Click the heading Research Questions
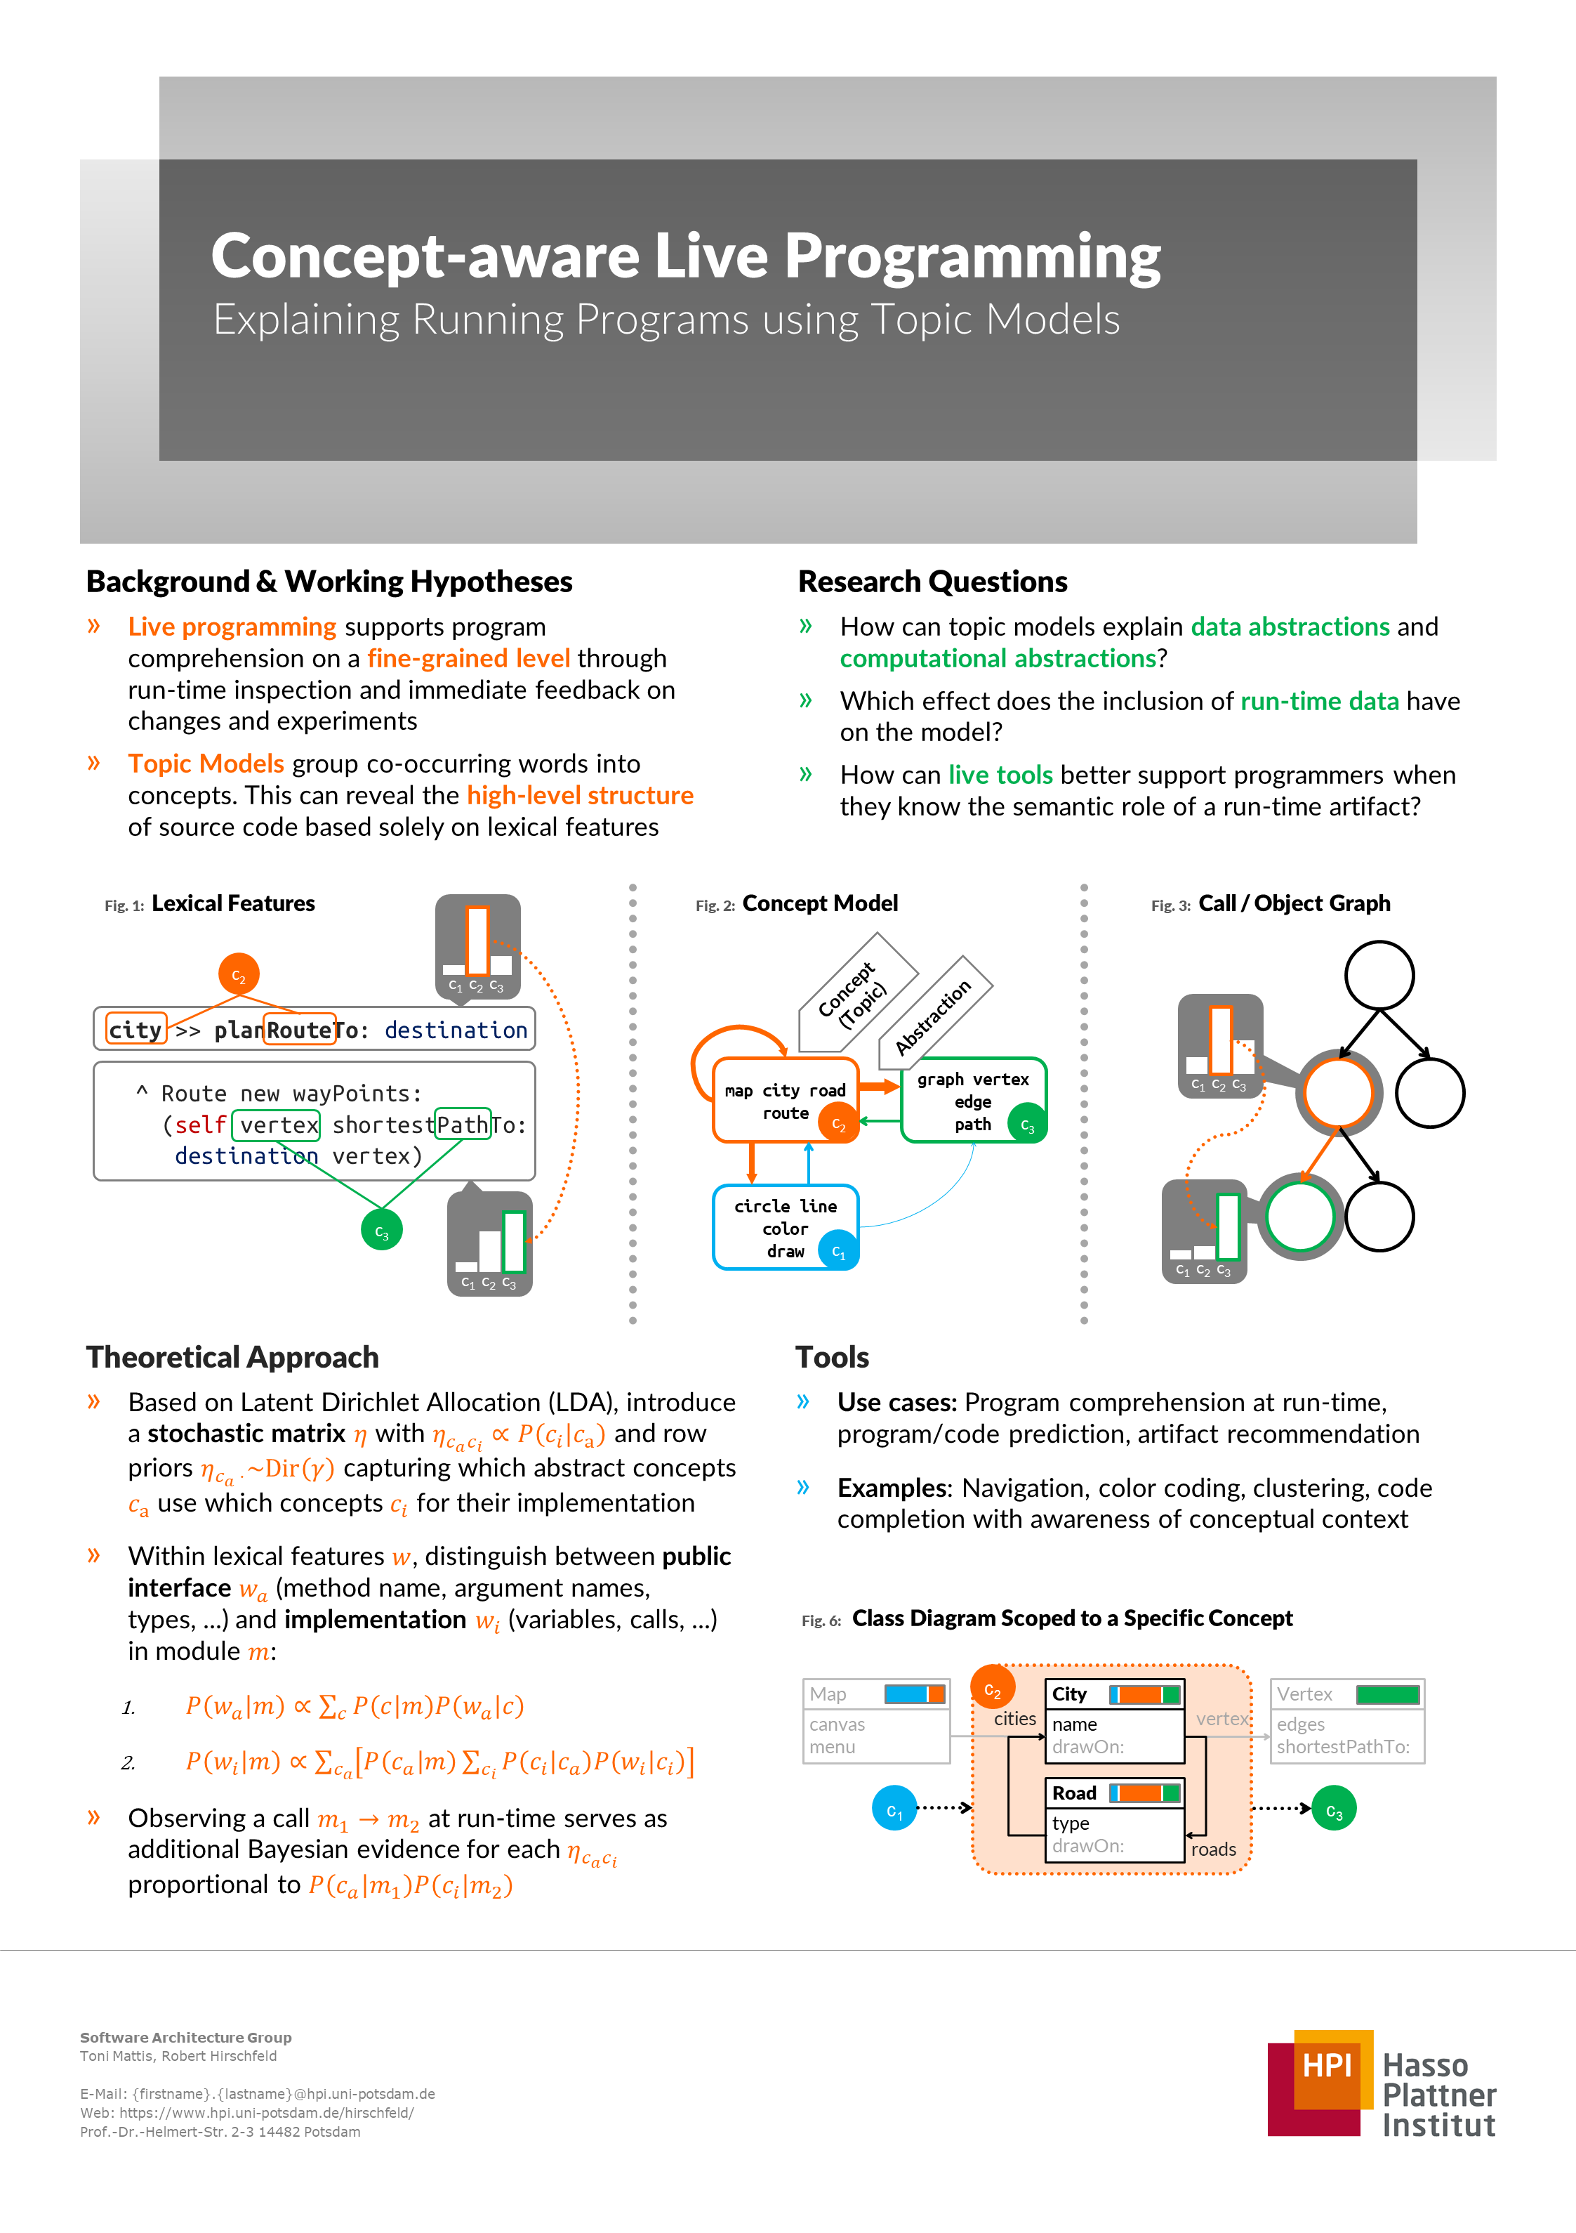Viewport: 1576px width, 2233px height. pyautogui.click(x=932, y=582)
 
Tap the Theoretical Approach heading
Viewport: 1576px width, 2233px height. pyautogui.click(x=232, y=1356)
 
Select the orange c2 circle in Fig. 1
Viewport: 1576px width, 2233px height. pyautogui.click(x=238, y=974)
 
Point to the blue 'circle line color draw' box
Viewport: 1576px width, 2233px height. pyautogui.click(x=785, y=1227)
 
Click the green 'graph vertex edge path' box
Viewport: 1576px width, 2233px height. pyautogui.click(x=972, y=1100)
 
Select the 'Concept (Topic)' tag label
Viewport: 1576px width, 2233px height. pyautogui.click(x=854, y=995)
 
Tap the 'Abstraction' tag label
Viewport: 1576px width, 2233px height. pyautogui.click(x=934, y=1016)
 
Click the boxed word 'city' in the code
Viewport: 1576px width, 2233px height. pyautogui.click(x=135, y=1030)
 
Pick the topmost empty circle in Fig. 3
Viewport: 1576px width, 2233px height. pyautogui.click(x=1379, y=974)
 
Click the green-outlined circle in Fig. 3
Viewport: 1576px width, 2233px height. pyautogui.click(x=1300, y=1217)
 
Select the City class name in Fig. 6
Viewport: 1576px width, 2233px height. pyautogui.click(x=1069, y=1694)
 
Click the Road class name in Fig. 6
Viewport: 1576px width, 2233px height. pyautogui.click(x=1073, y=1793)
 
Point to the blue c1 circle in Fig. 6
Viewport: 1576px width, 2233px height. pyautogui.click(x=894, y=1808)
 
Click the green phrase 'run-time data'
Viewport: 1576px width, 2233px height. pyautogui.click(x=1319, y=701)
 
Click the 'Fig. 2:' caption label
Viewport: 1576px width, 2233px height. pyautogui.click(x=715, y=905)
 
